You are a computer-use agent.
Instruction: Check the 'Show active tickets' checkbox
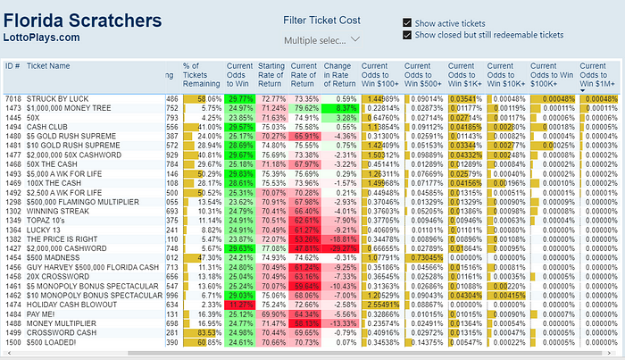click(408, 23)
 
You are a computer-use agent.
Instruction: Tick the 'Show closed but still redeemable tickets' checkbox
click(408, 35)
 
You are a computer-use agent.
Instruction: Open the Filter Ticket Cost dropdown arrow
click(355, 39)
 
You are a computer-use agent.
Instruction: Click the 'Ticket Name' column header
click(47, 66)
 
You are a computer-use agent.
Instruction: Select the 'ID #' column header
click(12, 66)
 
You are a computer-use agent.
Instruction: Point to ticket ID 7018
click(12, 98)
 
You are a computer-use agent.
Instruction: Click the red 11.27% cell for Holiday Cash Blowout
click(240, 305)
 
